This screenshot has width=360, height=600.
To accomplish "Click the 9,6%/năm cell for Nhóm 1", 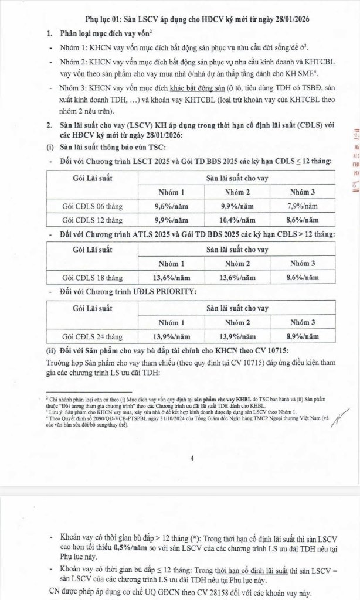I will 172,206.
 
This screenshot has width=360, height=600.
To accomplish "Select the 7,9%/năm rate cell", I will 302,206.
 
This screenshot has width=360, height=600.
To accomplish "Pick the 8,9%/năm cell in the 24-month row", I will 302,337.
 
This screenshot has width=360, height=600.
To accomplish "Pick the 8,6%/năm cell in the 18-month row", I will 302,278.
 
